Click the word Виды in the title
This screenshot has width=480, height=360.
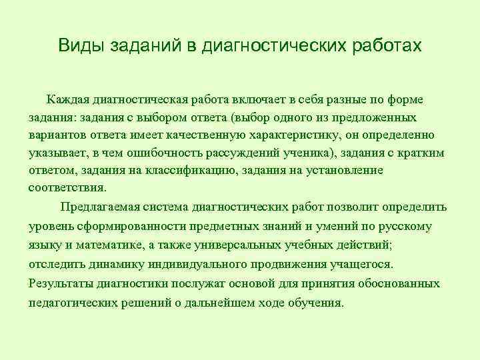(x=78, y=45)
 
